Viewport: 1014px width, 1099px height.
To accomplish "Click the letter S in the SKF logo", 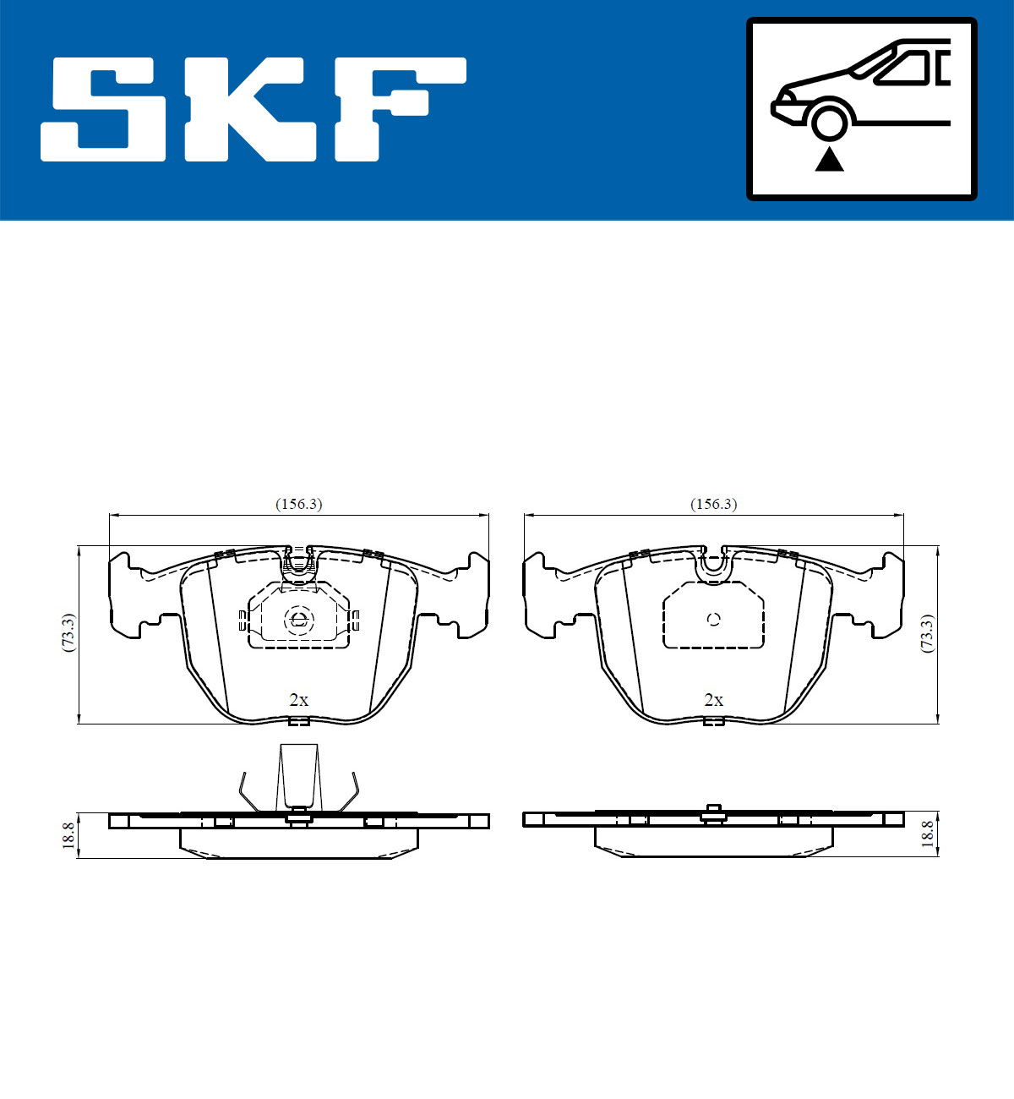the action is click(x=103, y=109).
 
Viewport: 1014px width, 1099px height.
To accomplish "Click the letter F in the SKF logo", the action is click(x=400, y=109).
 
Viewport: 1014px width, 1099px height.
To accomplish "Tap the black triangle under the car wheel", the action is click(x=829, y=160).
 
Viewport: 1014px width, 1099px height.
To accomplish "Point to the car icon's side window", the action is click(x=904, y=68).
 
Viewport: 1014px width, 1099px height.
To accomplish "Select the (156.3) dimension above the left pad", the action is click(x=299, y=504).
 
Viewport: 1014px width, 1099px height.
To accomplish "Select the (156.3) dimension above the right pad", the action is click(x=714, y=504).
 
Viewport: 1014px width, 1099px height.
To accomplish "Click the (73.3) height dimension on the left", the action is click(x=68, y=633).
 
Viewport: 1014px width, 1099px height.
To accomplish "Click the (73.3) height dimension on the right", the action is click(x=927, y=633).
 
